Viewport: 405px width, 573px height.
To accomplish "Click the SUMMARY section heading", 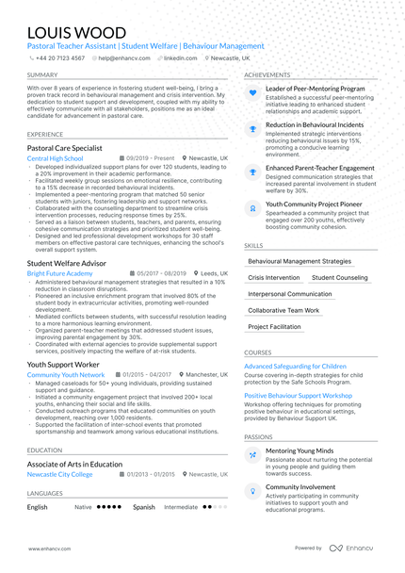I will [42, 74].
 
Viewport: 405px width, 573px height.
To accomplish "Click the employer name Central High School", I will [55, 158].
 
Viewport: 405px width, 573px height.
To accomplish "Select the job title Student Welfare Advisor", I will [67, 263].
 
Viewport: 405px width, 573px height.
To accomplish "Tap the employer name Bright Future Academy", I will [59, 273].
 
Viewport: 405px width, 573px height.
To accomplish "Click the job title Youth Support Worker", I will [63, 363].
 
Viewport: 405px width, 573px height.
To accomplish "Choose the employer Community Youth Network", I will [66, 374].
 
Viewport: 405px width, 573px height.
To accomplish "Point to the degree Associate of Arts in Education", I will [74, 464].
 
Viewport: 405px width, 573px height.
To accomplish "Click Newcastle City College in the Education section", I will [59, 474].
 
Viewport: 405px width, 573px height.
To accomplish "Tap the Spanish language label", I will [143, 507].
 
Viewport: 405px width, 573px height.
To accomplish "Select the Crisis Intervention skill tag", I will [273, 278].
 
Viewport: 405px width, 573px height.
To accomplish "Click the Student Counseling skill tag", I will [339, 278].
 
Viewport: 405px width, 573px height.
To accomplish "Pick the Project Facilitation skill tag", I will [274, 327].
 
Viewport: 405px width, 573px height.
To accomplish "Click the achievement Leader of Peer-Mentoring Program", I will [315, 88].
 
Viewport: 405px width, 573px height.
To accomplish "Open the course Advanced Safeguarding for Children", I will [295, 366].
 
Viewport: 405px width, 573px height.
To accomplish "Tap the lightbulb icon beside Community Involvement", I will [252, 489].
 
